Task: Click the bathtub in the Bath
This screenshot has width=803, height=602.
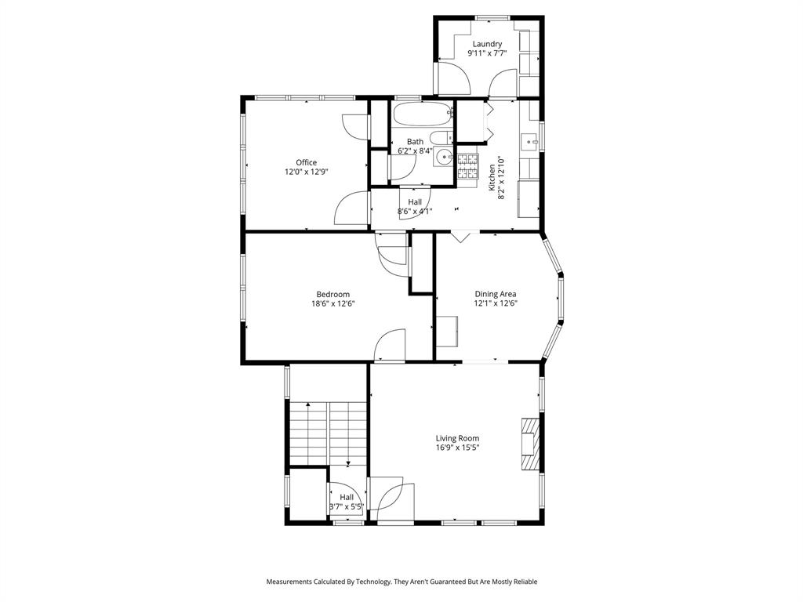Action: pyautogui.click(x=423, y=115)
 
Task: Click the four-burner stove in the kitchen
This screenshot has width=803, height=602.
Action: pyautogui.click(x=468, y=164)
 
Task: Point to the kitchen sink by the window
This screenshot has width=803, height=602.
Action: pyautogui.click(x=531, y=143)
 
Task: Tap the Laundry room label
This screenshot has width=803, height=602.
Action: pyautogui.click(x=487, y=44)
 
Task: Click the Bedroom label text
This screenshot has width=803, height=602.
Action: pyautogui.click(x=332, y=295)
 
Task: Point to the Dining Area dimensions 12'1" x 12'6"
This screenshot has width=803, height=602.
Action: pyautogui.click(x=496, y=303)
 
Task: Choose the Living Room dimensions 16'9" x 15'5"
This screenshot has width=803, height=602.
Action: pyautogui.click(x=457, y=448)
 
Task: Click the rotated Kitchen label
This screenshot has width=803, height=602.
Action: pyautogui.click(x=492, y=177)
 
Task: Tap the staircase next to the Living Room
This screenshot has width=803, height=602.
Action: pyautogui.click(x=328, y=433)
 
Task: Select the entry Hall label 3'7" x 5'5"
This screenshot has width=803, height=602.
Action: pyautogui.click(x=346, y=507)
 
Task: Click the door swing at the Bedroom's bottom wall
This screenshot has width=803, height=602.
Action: pyautogui.click(x=390, y=346)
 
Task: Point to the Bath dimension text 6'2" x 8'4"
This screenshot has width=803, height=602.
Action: pyautogui.click(x=415, y=150)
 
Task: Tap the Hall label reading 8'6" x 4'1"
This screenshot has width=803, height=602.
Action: pyautogui.click(x=414, y=211)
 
